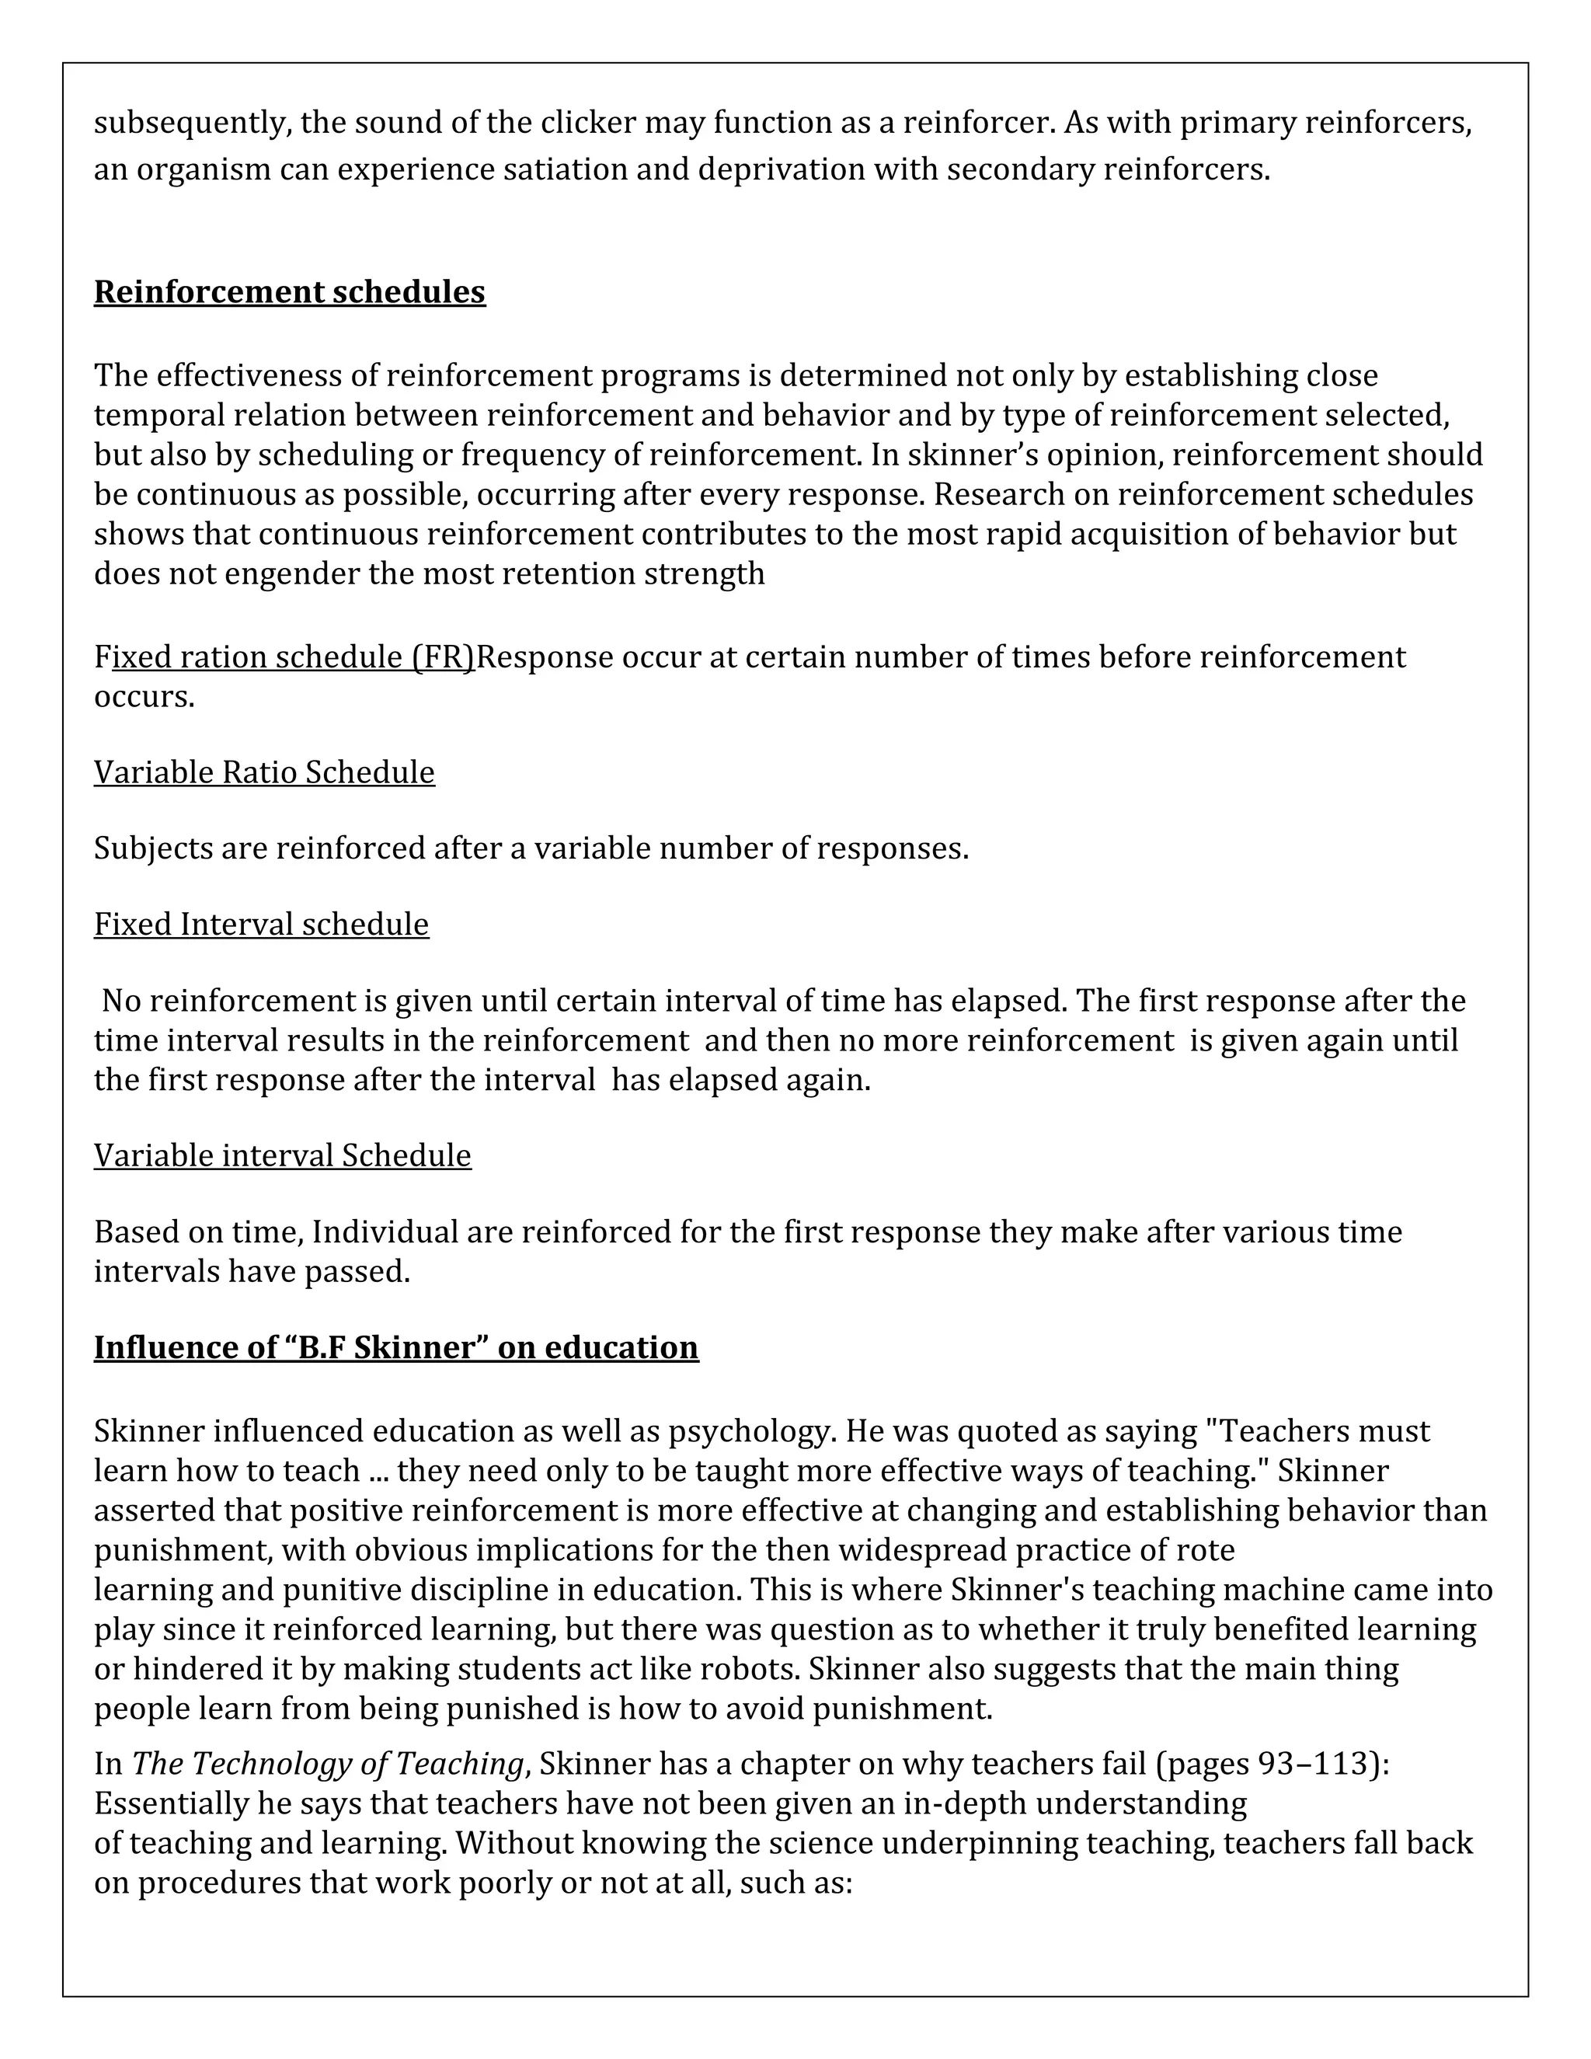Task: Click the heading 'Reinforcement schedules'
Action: point(289,292)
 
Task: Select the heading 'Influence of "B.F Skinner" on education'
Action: point(396,1347)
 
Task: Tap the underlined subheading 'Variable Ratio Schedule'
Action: point(264,772)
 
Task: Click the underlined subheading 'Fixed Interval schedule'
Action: point(261,924)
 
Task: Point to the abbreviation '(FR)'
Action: point(444,657)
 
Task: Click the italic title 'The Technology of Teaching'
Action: point(327,1762)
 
